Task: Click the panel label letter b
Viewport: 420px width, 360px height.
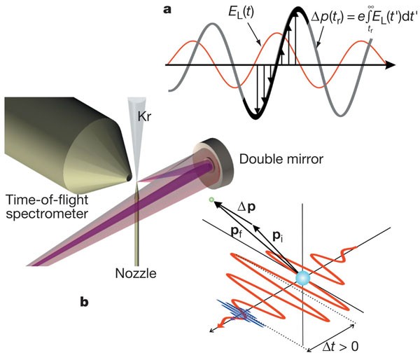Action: click(85, 303)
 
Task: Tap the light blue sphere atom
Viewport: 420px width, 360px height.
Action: click(302, 277)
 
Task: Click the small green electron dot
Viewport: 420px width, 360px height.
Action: click(210, 201)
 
